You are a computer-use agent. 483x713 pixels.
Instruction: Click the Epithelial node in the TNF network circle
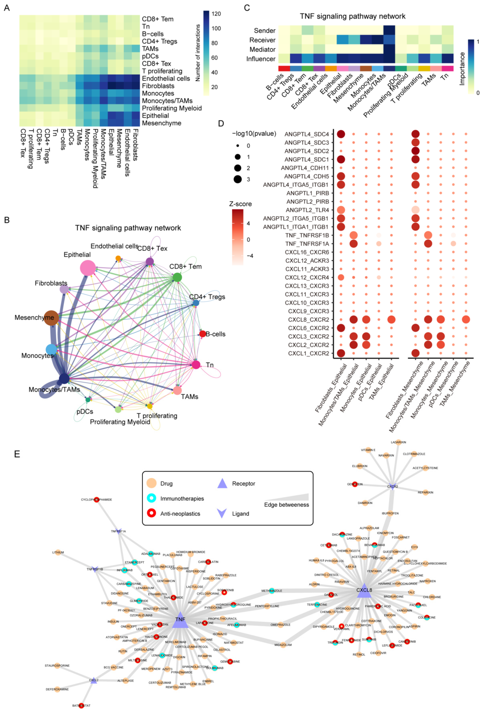point(88,268)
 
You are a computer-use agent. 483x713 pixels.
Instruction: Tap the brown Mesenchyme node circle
point(51,318)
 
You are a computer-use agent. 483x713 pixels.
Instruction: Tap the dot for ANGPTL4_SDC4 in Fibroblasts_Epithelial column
point(341,134)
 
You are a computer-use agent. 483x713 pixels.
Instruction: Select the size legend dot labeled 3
point(238,179)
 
